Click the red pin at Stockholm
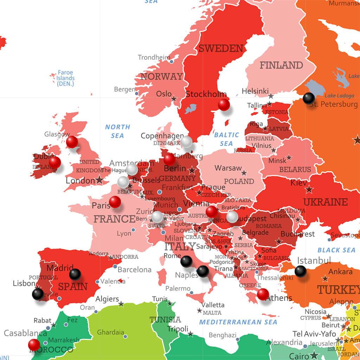(x=224, y=105)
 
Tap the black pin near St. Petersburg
(x=309, y=98)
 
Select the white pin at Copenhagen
(x=186, y=142)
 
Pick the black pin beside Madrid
(x=75, y=274)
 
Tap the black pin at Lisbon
(x=38, y=294)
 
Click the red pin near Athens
(x=263, y=294)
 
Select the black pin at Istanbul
(x=300, y=271)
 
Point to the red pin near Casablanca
(x=34, y=345)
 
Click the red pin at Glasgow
(x=72, y=142)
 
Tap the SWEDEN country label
(x=221, y=49)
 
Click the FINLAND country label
(x=281, y=65)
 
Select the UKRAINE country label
(x=325, y=202)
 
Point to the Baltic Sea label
(x=226, y=139)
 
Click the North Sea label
(x=117, y=131)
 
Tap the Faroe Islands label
(x=65, y=78)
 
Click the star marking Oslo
(x=174, y=99)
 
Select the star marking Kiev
(x=309, y=189)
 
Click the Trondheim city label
(x=154, y=57)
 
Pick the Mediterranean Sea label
(x=238, y=322)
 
